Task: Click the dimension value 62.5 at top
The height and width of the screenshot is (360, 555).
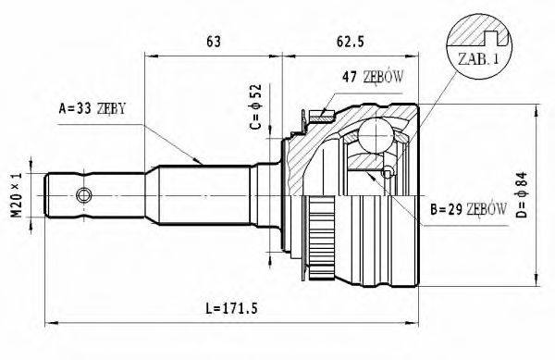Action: coord(348,40)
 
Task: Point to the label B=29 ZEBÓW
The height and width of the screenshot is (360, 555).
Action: coord(467,210)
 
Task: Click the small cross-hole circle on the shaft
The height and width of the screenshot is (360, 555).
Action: coord(85,195)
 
